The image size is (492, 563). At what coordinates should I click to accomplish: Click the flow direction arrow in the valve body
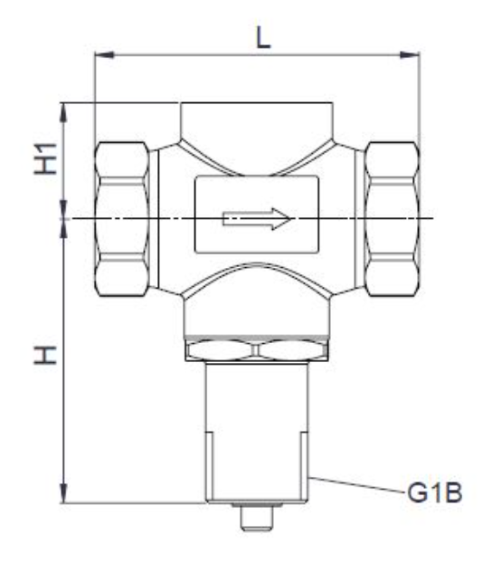(x=258, y=218)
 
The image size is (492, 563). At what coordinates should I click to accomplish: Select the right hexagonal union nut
(x=392, y=219)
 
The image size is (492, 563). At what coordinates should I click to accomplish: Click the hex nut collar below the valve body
(x=257, y=349)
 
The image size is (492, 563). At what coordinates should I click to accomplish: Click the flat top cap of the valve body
(x=257, y=119)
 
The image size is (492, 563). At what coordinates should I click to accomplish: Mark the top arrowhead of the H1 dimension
(x=64, y=110)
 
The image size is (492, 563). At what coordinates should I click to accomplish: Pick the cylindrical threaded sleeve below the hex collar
(x=257, y=425)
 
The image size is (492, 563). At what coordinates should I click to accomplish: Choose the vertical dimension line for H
(x=64, y=362)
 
